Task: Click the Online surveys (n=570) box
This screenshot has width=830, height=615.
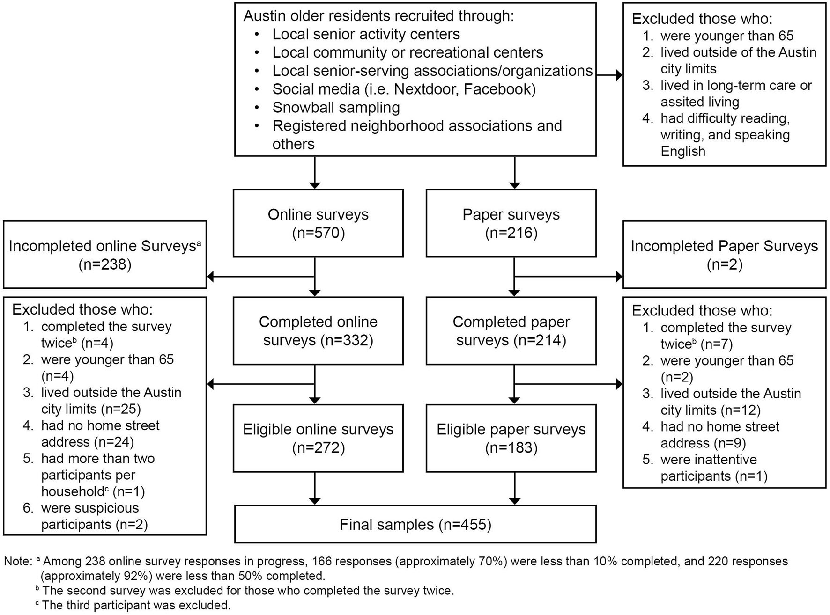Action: pyautogui.click(x=318, y=223)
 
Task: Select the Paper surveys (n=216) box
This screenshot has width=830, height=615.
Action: pyautogui.click(x=511, y=223)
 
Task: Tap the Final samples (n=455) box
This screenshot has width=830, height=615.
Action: pyautogui.click(x=415, y=524)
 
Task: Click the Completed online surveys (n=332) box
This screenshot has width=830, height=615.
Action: pyautogui.click(x=318, y=331)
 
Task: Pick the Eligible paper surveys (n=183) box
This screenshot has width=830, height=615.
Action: pyautogui.click(x=511, y=438)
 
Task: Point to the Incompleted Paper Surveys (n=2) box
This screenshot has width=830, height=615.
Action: pyautogui.click(x=724, y=255)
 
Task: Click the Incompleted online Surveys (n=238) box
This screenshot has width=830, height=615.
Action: pyautogui.click(x=104, y=255)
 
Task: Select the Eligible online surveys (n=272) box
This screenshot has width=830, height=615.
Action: pyautogui.click(x=318, y=438)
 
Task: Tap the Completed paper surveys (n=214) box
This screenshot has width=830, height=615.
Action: pyautogui.click(x=511, y=331)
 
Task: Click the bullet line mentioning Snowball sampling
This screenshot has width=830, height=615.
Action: pyautogui.click(x=336, y=108)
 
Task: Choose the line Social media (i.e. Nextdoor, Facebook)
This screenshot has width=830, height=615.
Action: pyautogui.click(x=404, y=89)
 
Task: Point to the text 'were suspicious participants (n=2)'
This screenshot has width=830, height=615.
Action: pyautogui.click(x=94, y=516)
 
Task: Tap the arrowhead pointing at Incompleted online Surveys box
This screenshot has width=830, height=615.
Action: pyautogui.click(x=211, y=277)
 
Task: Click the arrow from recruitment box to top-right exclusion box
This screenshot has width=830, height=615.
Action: pyautogui.click(x=609, y=75)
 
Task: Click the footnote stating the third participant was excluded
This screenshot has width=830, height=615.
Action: pyautogui.click(x=136, y=605)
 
